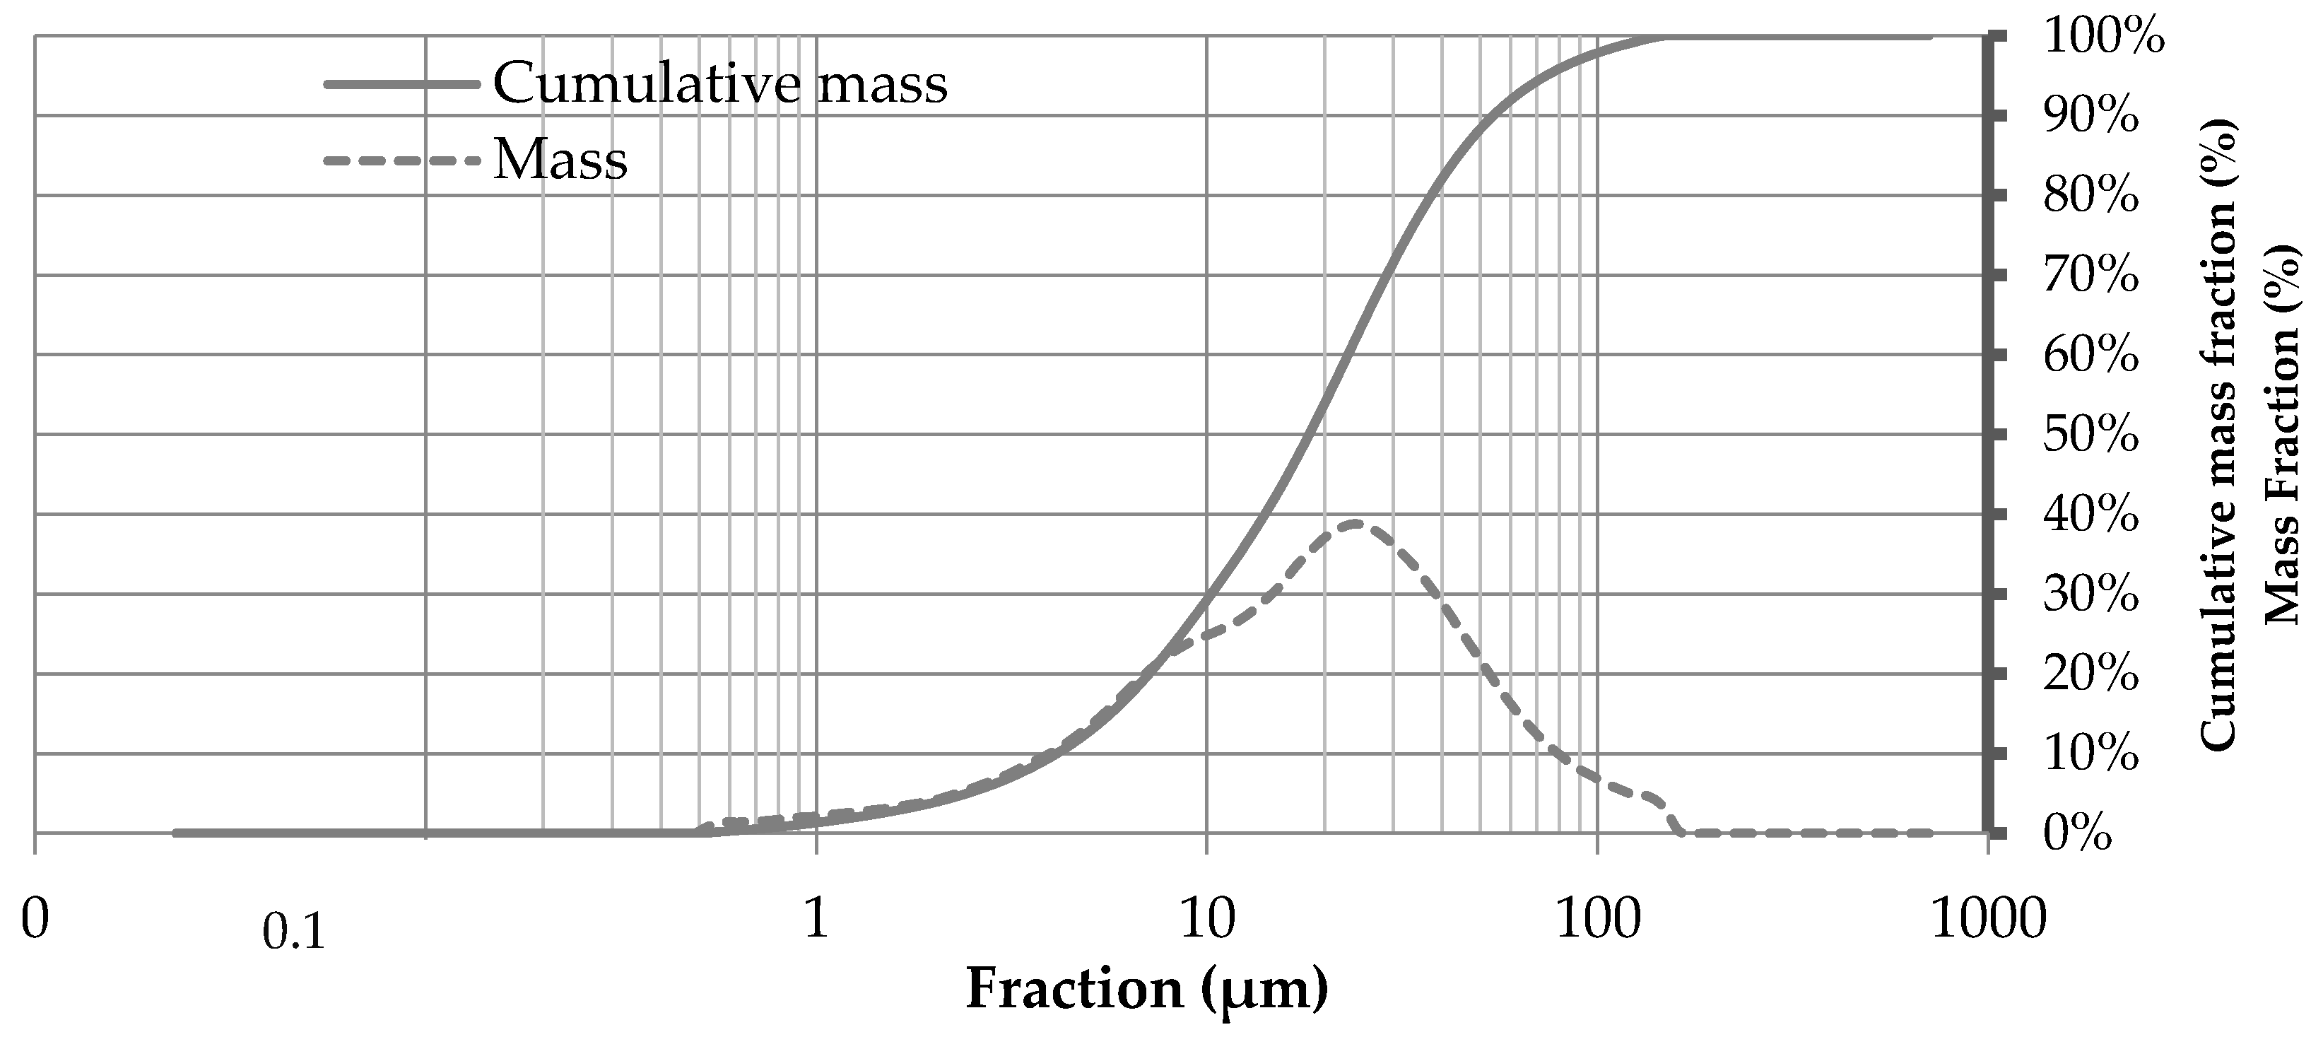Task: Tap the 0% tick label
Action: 2077,834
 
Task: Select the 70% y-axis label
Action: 2090,276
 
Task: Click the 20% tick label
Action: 2090,674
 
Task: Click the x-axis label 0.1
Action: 293,932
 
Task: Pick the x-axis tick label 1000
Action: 1987,920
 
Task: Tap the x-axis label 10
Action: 1206,920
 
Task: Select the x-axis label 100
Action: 1597,920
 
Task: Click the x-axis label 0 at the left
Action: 34,920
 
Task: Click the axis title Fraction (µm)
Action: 1146,990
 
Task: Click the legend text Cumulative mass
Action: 719,84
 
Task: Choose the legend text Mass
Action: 560,160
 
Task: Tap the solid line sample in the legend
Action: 401,84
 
